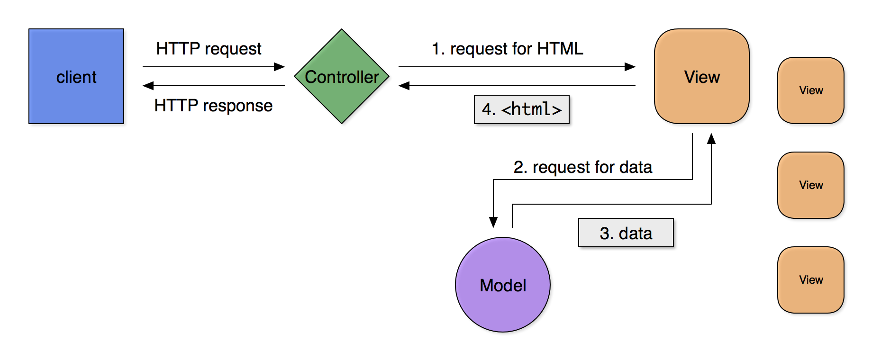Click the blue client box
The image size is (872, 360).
click(x=76, y=76)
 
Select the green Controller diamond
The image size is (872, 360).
click(x=342, y=76)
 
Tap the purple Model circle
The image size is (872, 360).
click(x=503, y=285)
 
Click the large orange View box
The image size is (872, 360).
click(x=702, y=76)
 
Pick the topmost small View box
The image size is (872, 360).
click(x=811, y=90)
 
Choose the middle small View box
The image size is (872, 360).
click(x=811, y=185)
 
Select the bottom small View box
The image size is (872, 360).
click(x=811, y=280)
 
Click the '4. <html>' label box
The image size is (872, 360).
click(x=522, y=109)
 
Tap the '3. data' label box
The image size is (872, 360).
click(x=626, y=233)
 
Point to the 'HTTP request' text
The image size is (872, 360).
click(x=209, y=49)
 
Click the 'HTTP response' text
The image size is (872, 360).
click(x=213, y=106)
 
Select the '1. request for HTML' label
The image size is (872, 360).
click(x=508, y=49)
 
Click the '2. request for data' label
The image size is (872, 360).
click(x=583, y=167)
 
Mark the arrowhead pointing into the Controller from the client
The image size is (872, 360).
click(x=280, y=67)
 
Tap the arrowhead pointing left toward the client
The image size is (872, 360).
click(x=148, y=86)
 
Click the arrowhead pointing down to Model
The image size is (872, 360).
click(x=493, y=223)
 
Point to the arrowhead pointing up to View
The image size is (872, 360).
click(x=711, y=138)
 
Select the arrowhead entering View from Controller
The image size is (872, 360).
click(x=630, y=67)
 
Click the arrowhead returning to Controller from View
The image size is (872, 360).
click(x=404, y=86)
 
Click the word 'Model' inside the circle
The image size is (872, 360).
click(x=503, y=286)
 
